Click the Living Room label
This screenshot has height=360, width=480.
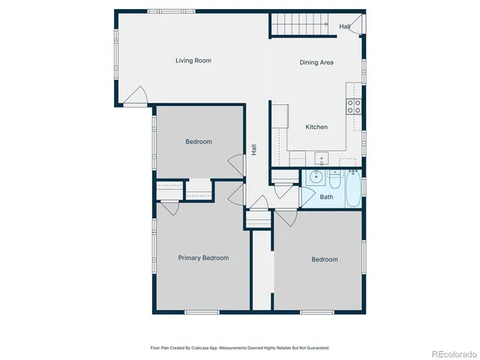coord(193,60)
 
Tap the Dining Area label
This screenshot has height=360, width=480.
coord(316,63)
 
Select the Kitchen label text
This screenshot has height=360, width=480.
coord(316,127)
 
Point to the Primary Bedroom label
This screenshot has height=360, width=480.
coord(203,257)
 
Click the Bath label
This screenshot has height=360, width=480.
coord(326,197)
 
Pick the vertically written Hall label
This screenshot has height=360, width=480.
coord(255,150)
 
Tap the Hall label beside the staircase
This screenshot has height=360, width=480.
coord(344,27)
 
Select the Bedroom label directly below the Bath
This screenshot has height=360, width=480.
coord(325,259)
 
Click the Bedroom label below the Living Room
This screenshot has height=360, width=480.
coord(199,142)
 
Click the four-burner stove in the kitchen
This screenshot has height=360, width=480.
coord(353,106)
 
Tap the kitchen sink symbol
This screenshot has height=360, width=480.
coord(321,158)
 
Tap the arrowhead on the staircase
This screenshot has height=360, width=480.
coord(328,25)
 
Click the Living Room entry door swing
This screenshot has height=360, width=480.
coord(135,96)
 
